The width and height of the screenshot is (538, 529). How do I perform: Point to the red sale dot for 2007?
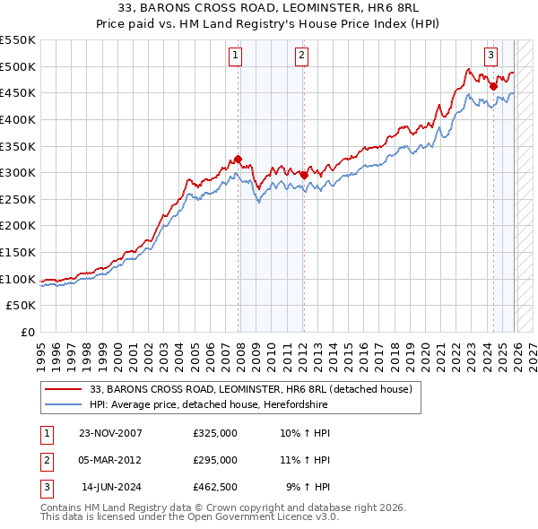tap(239, 160)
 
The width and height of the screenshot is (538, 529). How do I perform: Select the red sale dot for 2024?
tap(493, 86)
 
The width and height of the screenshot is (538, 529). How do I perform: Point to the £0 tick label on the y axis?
tap(28, 332)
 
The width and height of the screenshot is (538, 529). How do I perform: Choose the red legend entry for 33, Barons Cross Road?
tap(250, 389)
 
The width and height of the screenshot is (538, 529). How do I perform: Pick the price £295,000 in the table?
tap(214, 460)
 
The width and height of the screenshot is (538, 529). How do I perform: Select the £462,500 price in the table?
tap(214, 487)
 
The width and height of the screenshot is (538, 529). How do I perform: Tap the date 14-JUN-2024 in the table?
tap(111, 487)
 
